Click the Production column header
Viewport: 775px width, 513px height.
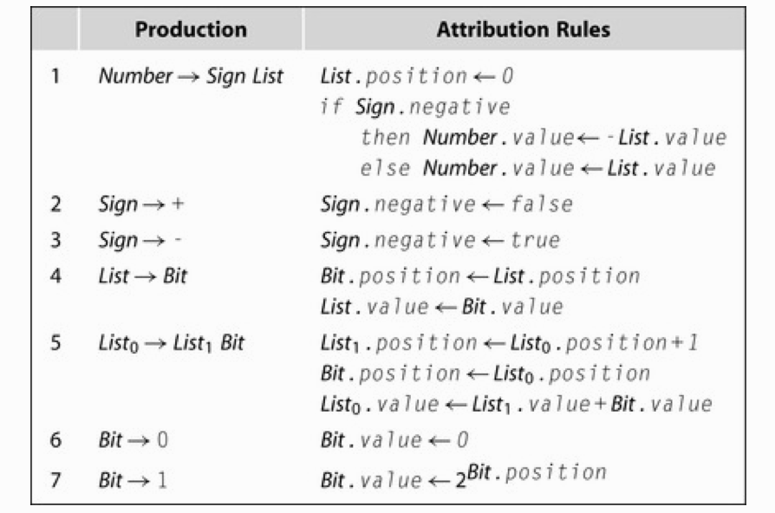[191, 30]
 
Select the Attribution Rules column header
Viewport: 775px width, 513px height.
[523, 30]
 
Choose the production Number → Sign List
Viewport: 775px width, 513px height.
[191, 76]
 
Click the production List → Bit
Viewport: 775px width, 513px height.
[142, 276]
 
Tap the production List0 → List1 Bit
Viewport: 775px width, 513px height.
[171, 343]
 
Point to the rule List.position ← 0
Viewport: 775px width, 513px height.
[417, 76]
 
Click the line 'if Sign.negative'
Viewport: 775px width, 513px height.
[415, 107]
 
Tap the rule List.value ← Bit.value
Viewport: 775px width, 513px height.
[441, 307]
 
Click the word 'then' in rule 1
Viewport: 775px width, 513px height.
[387, 137]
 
